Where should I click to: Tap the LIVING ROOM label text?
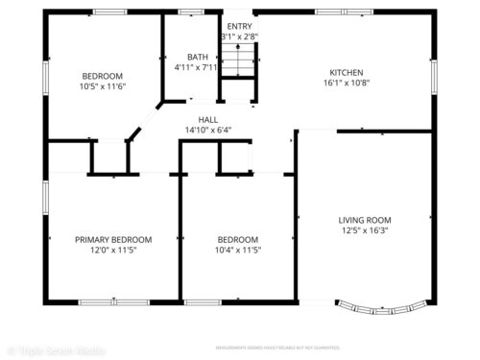(365, 220)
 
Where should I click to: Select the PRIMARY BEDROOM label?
(114, 239)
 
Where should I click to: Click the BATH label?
(197, 58)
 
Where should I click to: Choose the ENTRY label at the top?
(239, 26)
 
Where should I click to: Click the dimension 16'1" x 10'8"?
(348, 83)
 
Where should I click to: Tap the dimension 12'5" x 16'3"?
(365, 230)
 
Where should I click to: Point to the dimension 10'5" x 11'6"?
(102, 87)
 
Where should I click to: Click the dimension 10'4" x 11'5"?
(237, 250)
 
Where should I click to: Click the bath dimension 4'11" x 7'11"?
(197, 68)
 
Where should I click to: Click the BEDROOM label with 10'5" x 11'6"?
(102, 77)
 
